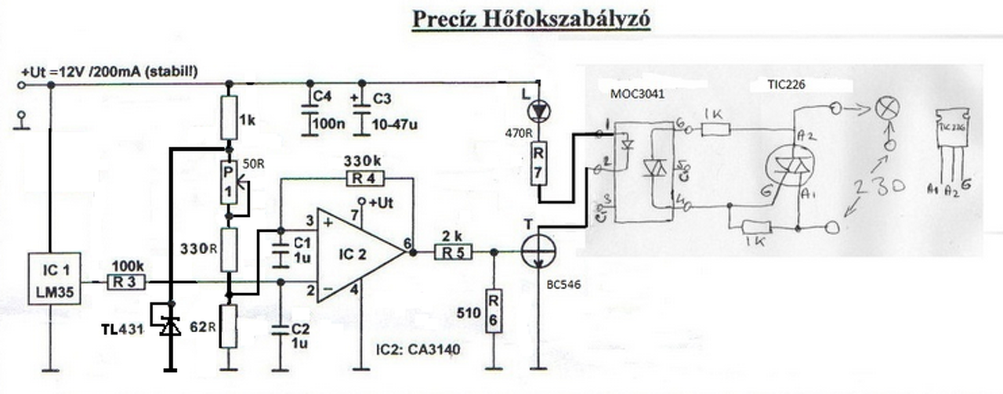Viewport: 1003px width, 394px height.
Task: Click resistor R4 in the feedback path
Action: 363,179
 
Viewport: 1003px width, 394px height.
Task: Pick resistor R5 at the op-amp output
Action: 454,252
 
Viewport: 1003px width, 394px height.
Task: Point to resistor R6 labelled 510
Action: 494,311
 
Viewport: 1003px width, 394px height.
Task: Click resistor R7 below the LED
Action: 538,163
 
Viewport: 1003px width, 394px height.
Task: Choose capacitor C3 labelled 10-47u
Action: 361,112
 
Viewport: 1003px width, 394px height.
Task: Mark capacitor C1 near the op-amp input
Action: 280,253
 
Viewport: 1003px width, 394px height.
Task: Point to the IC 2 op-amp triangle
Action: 357,253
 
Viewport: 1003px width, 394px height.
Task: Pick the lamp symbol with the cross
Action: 887,110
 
